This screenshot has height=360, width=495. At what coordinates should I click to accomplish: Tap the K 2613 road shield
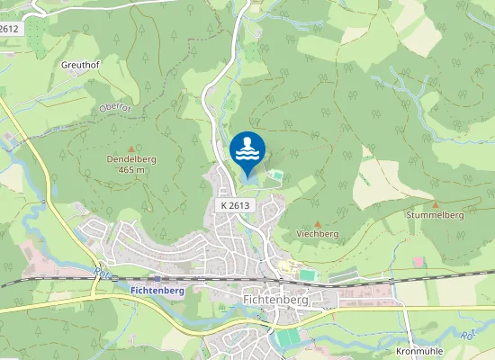tap(234, 205)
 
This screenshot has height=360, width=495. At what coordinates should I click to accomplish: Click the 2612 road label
tap(10, 29)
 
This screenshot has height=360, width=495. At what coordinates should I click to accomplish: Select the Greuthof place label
tap(78, 66)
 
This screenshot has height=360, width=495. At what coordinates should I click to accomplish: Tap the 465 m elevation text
tap(131, 170)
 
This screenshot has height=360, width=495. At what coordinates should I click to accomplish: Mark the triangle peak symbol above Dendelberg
tap(131, 148)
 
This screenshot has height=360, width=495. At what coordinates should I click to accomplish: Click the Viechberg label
tap(317, 233)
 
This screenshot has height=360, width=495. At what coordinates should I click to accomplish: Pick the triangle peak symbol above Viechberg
tap(317, 223)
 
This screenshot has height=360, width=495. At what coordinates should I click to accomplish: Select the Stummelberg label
tap(435, 216)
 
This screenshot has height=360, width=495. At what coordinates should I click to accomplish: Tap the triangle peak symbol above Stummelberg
tap(436, 205)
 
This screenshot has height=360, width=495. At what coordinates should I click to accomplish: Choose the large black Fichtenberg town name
tap(275, 300)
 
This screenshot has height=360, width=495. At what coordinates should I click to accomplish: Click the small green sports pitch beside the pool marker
tap(276, 175)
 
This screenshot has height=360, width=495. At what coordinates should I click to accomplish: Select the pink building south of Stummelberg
tap(418, 261)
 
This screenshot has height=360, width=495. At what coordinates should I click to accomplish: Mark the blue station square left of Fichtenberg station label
tap(157, 280)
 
